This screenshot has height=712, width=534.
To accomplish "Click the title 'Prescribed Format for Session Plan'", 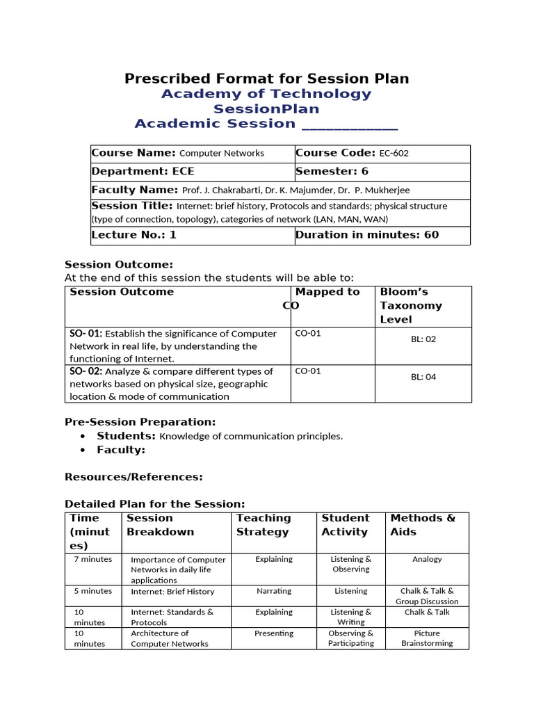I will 266,79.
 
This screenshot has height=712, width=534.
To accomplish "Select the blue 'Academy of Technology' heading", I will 266,94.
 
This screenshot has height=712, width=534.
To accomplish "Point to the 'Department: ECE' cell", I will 143,171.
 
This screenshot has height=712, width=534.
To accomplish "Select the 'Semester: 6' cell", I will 332,171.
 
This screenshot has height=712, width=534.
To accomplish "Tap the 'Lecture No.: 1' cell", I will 134,235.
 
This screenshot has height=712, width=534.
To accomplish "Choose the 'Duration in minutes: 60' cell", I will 367,235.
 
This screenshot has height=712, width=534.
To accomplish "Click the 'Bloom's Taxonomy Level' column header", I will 410,305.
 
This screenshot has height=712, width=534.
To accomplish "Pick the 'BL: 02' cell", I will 423,339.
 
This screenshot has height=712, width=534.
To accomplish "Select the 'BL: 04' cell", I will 423,377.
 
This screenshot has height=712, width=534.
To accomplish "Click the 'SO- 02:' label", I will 86,371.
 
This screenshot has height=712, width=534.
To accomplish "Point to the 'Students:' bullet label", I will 126,436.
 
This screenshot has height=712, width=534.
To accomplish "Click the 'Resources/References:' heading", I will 133,477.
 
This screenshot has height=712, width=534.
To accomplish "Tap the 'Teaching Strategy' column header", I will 263,525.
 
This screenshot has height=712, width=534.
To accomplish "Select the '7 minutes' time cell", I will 92,559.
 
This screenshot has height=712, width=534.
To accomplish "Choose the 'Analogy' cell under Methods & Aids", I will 426,559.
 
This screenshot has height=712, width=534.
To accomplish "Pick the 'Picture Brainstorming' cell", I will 426,638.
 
